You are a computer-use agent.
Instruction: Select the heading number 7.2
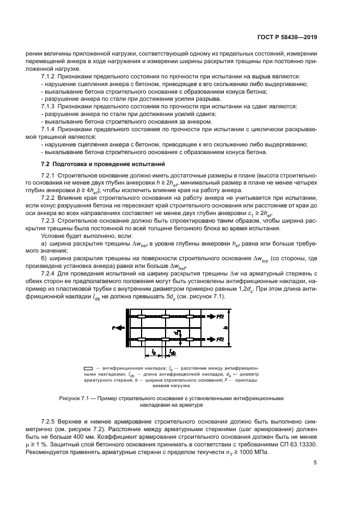coord(45,164)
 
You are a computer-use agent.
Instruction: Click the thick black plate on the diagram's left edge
coord(127,328)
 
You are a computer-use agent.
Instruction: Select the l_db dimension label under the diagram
coord(173,353)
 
